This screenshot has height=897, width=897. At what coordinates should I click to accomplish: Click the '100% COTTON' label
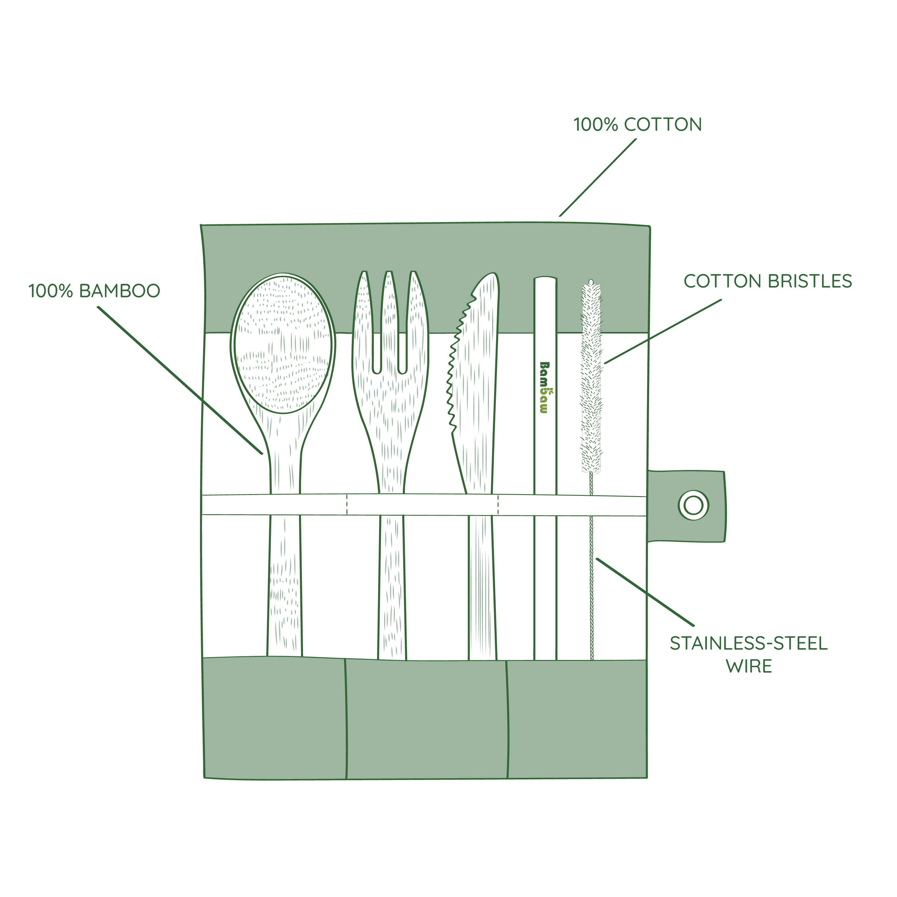click(638, 125)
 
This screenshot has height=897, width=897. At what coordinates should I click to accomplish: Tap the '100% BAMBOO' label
click(94, 291)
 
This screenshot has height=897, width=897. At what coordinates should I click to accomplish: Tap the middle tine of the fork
click(390, 320)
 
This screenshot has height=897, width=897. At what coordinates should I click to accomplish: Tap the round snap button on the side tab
click(693, 505)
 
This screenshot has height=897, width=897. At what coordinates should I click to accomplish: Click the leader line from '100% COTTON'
click(598, 177)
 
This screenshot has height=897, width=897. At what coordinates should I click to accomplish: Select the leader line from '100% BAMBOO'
click(180, 380)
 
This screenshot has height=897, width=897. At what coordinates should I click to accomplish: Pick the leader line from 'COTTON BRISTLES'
click(663, 331)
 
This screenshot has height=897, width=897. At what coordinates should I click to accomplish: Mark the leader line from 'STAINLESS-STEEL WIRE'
click(645, 592)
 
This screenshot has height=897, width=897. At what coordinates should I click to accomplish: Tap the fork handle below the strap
click(392, 587)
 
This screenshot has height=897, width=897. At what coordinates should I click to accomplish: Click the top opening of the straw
click(545, 279)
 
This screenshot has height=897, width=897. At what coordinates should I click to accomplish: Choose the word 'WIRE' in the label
click(749, 667)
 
